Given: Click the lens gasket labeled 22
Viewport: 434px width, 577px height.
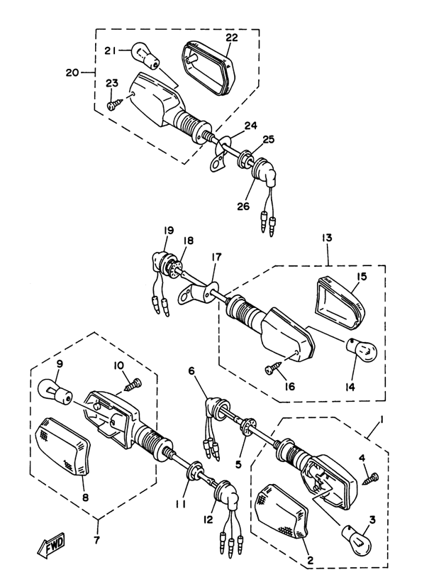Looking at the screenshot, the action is [x=208, y=69].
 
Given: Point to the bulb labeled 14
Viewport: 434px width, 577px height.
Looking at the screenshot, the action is [x=362, y=351].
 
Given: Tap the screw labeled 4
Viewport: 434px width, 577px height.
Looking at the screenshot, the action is [x=371, y=479].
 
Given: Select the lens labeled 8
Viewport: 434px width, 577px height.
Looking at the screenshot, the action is [x=62, y=446].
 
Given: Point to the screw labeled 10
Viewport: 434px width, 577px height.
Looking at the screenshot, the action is [x=133, y=384].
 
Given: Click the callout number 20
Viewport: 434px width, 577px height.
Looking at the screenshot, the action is [x=72, y=72].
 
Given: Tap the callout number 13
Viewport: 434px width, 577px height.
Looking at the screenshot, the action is [x=327, y=238].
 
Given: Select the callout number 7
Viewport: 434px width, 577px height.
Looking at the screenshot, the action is [x=96, y=540].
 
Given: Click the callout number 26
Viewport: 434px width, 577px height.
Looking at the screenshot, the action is [x=243, y=206].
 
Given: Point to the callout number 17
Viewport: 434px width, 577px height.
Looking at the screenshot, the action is [x=216, y=257].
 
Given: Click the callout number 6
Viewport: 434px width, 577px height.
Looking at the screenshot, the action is [x=191, y=371].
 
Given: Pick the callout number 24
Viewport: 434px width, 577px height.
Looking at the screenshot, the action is [x=251, y=126].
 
